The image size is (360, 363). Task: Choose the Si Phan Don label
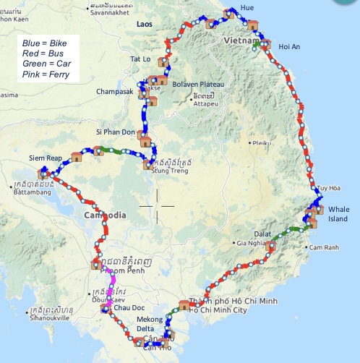pyautogui.click(x=115, y=132)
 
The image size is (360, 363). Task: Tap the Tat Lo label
pyautogui.click(x=140, y=59)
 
